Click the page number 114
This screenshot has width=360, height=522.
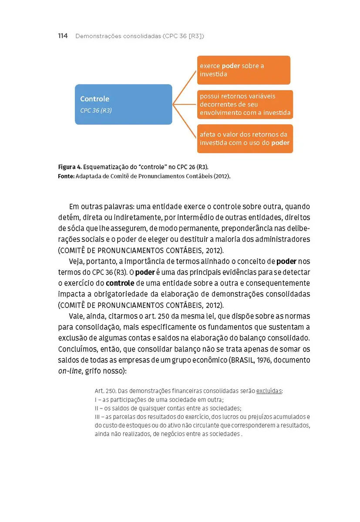click(x=63, y=36)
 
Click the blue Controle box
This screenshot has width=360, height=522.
click(x=123, y=104)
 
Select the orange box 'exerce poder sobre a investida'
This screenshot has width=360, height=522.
click(x=243, y=70)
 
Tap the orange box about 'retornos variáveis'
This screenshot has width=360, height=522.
click(x=245, y=104)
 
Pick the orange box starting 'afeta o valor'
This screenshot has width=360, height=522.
click(x=245, y=138)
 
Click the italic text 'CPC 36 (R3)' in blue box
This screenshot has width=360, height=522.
click(x=96, y=110)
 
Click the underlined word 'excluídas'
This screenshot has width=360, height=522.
click(x=269, y=391)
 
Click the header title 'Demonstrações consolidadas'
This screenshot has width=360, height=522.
click(x=118, y=36)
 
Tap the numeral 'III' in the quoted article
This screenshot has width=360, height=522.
click(x=98, y=417)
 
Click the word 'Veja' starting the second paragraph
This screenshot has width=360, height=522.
click(x=77, y=261)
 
